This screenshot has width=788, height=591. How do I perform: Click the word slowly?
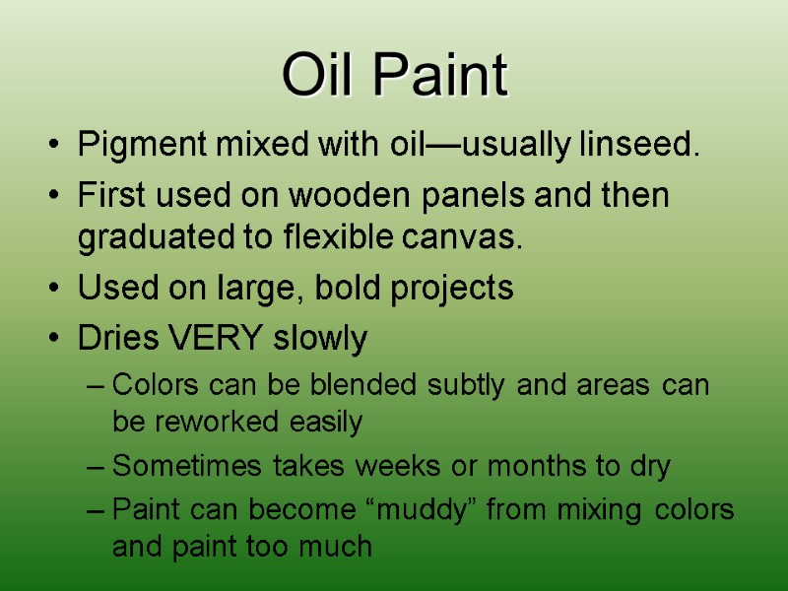pyautogui.click(x=319, y=340)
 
